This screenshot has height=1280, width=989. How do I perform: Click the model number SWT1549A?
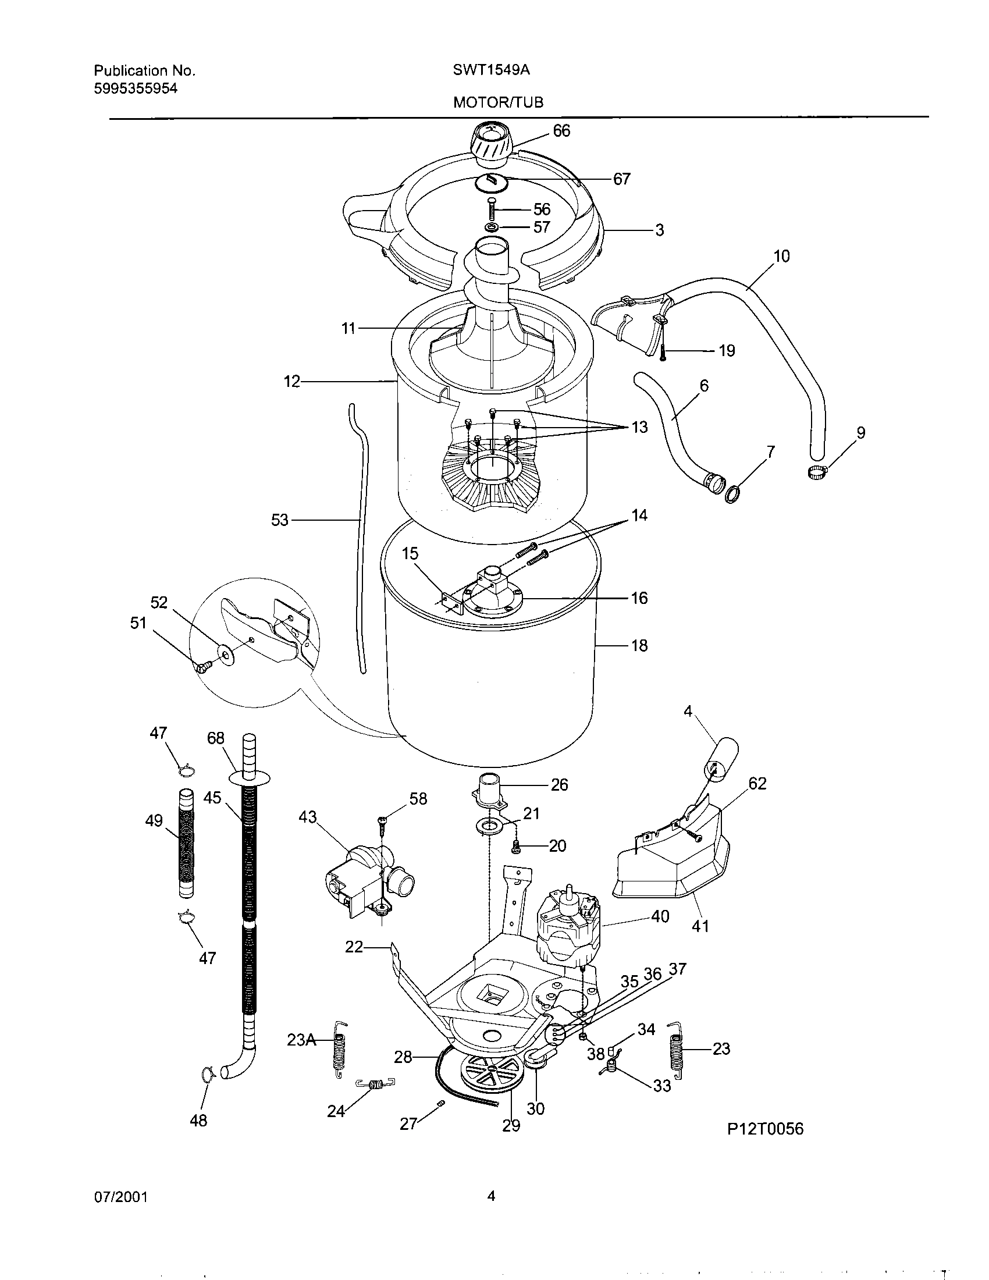491,70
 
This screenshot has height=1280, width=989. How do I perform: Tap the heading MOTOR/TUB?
498,102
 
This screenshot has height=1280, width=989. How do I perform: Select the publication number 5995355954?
136,88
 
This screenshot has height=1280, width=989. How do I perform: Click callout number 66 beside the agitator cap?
561,131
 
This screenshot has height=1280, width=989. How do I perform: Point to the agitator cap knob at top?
491,141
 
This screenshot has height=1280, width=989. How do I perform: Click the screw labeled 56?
491,209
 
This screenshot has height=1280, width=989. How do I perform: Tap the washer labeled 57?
491,227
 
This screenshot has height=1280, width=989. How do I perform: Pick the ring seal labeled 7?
732,494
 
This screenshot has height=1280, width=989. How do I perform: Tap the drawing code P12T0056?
765,1128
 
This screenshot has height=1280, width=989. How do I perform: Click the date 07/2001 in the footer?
120,1197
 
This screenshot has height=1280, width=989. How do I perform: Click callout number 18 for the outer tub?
639,646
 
